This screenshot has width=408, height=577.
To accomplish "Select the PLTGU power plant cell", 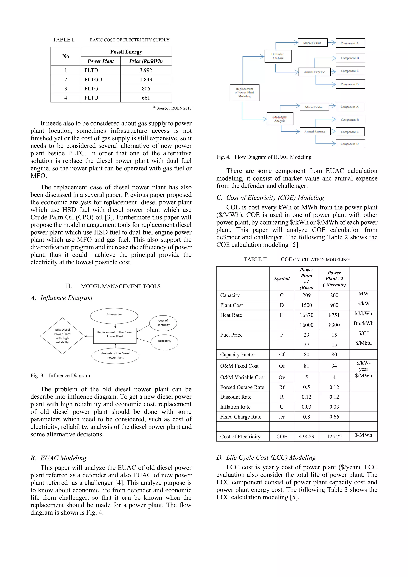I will [x=93, y=80].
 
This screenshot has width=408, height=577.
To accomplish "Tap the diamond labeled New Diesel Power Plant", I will [x=62, y=336].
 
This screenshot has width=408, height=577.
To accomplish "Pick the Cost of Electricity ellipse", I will [x=163, y=323].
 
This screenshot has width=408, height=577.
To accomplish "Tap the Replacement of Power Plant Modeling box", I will [x=244, y=93].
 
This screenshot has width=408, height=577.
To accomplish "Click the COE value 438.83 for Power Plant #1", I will [x=306, y=437].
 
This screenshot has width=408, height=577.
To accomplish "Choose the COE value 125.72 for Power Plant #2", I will [x=334, y=437].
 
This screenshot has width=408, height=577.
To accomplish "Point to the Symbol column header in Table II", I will [x=282, y=279].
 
